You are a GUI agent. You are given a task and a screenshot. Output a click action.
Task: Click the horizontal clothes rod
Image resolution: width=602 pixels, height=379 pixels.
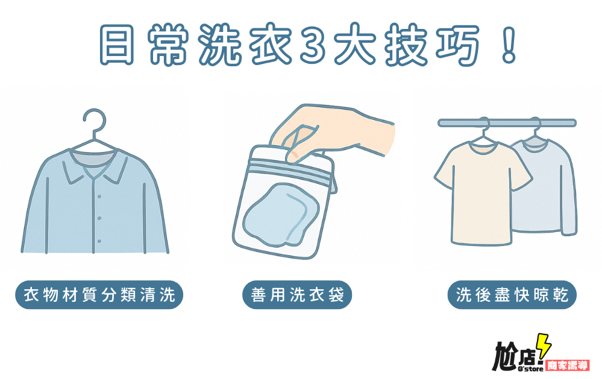point(506,123)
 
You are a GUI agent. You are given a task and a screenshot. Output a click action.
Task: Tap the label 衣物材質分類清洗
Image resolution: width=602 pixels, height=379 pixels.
point(99,295)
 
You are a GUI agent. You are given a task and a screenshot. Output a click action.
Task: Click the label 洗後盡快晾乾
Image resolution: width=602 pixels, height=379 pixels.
point(512,295)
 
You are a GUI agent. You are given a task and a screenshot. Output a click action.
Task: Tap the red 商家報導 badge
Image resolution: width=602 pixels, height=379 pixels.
point(567,365)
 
